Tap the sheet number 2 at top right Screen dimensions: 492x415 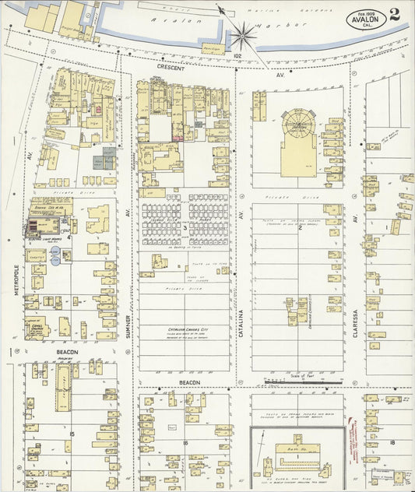click(396, 14)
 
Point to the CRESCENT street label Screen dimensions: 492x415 click(171, 68)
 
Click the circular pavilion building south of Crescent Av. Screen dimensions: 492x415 click(297, 121)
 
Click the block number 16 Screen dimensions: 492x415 click(185, 442)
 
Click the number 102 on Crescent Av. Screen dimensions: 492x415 click(237, 55)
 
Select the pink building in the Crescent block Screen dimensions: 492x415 click(178, 138)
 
